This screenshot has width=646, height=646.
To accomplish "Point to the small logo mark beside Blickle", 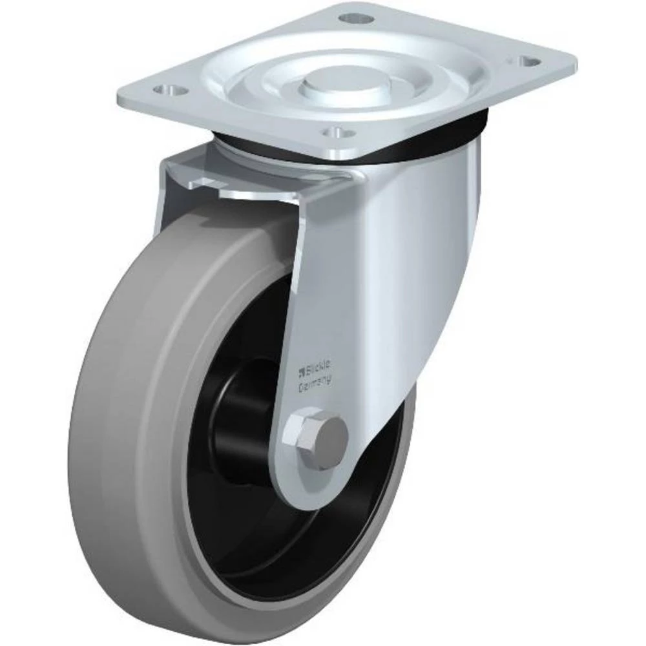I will point(300,371).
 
